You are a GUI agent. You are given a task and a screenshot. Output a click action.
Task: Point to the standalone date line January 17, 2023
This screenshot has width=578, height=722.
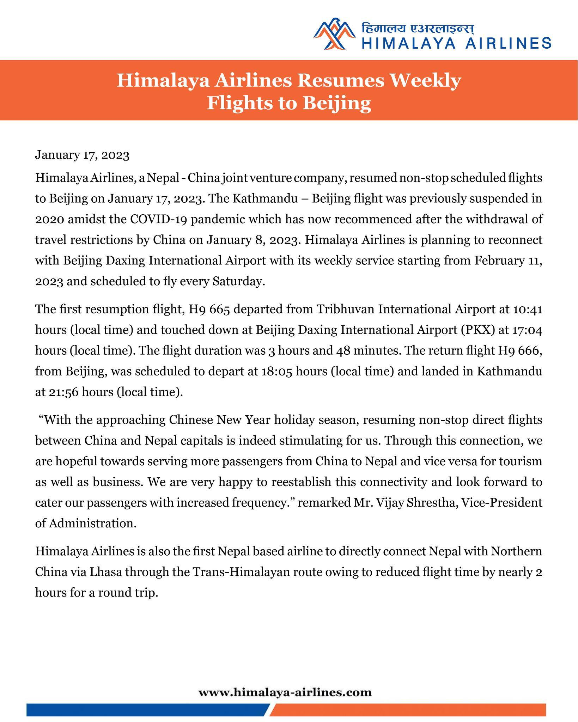point(82,155)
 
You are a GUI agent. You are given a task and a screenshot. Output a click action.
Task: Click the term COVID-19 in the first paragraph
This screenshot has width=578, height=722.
point(152,219)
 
